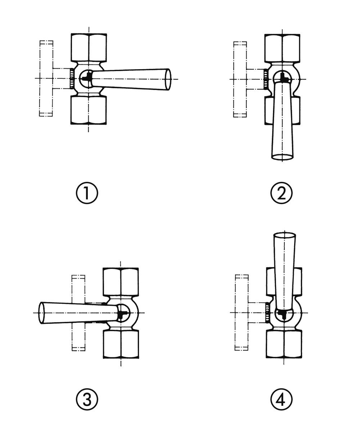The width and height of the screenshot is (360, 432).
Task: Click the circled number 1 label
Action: pyautogui.click(x=87, y=193)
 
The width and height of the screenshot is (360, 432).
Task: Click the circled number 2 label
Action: pyautogui.click(x=281, y=193)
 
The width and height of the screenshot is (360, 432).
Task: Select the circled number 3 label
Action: pyautogui.click(x=87, y=399)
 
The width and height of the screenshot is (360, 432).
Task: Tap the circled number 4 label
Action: pyautogui.click(x=281, y=399)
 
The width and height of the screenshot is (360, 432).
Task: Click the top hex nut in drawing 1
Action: pyautogui.click(x=89, y=48)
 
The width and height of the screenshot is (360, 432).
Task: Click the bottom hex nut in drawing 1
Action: pyautogui.click(x=89, y=110)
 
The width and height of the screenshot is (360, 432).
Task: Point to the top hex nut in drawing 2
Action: pyautogui.click(x=282, y=48)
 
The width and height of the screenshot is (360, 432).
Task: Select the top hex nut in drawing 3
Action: pyautogui.click(x=121, y=282)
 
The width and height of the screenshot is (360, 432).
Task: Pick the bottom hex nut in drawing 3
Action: pyautogui.click(x=121, y=344)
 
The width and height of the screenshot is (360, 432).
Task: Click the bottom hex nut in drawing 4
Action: pyautogui.click(x=284, y=344)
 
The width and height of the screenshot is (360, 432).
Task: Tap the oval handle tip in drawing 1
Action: pyautogui.click(x=168, y=79)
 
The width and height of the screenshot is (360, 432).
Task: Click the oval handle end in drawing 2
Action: pyautogui.click(x=282, y=157)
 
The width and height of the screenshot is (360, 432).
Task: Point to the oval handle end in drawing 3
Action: pyautogui.click(x=42, y=312)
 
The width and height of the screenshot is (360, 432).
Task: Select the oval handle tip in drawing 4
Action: pyautogui.click(x=284, y=236)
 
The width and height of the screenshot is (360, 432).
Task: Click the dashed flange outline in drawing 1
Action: pyautogui.click(x=46, y=78)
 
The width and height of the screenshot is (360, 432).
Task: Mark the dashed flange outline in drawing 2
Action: pyautogui.click(x=240, y=79)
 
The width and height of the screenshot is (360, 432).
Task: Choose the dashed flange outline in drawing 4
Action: pyautogui.click(x=242, y=312)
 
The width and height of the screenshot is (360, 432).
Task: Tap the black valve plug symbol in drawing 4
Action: pyautogui.click(x=284, y=315)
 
